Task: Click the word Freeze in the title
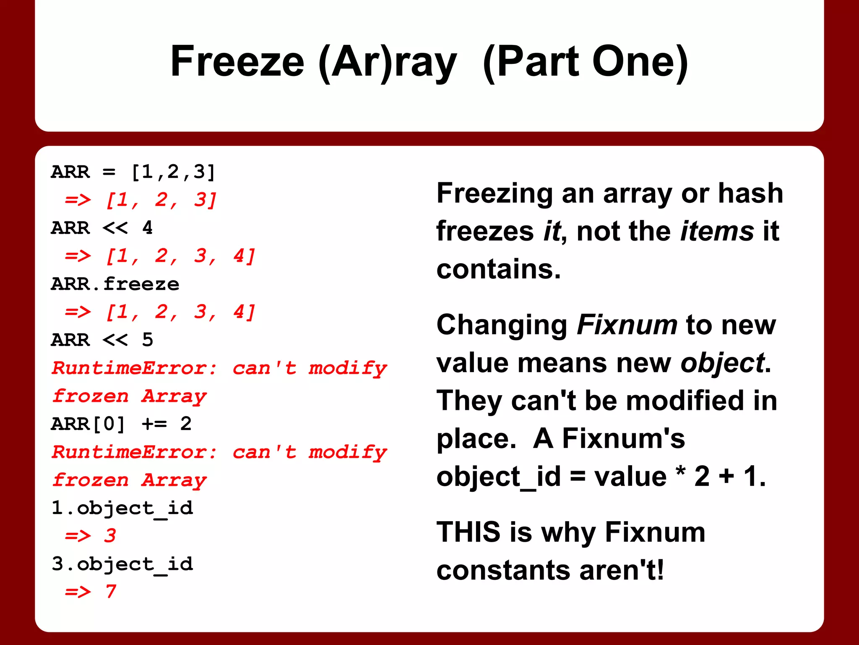[x=237, y=62]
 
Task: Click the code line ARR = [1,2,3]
[x=133, y=172]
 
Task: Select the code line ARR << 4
[x=102, y=228]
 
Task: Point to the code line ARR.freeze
[x=115, y=284]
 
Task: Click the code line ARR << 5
[x=102, y=340]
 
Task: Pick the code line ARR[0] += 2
[x=121, y=424]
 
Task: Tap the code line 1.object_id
[x=122, y=509]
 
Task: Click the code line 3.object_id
[x=122, y=564]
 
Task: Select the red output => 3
[x=90, y=536]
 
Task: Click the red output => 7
[x=90, y=592]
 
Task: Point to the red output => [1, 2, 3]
[x=141, y=200]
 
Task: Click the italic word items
[x=717, y=231]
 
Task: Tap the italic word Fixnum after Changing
[x=627, y=325]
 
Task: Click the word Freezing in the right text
[x=495, y=194]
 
